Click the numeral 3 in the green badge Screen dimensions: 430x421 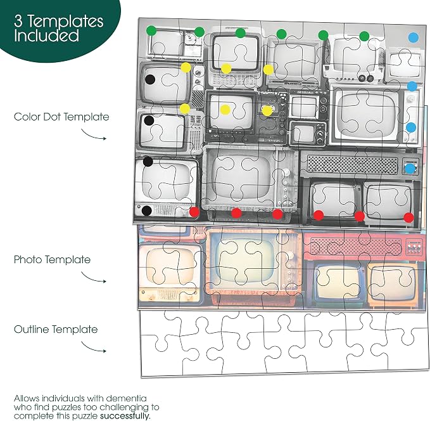tap(18, 22)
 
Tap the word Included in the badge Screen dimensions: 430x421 tap(47, 36)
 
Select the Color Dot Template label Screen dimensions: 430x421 tap(61, 117)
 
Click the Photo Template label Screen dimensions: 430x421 tap(52, 259)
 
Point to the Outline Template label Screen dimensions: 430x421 tap(56, 329)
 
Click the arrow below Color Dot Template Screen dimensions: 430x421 tap(94, 135)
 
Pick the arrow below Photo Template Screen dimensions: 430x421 tap(94, 277)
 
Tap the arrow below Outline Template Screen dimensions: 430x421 tap(94, 347)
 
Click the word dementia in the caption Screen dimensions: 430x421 tap(126, 398)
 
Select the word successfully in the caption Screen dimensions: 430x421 tap(125, 416)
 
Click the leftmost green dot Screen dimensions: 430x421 tap(151, 30)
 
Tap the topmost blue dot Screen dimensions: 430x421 tap(414, 37)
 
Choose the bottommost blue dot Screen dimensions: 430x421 tap(410, 169)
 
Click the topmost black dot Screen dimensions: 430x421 tap(150, 80)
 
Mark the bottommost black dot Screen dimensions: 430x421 tap(147, 210)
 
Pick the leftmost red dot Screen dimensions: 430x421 tap(194, 212)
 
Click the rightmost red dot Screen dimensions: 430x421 tap(408, 217)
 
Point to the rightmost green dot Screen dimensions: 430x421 tap(364, 36)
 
